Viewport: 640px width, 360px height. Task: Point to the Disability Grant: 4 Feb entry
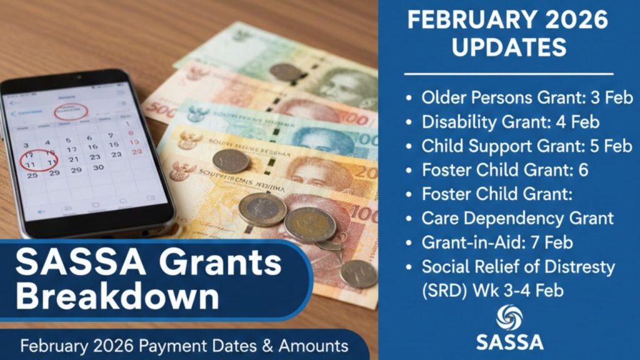click(x=511, y=121)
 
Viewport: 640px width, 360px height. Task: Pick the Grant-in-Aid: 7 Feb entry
click(x=497, y=242)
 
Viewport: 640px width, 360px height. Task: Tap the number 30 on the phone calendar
click(x=97, y=167)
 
